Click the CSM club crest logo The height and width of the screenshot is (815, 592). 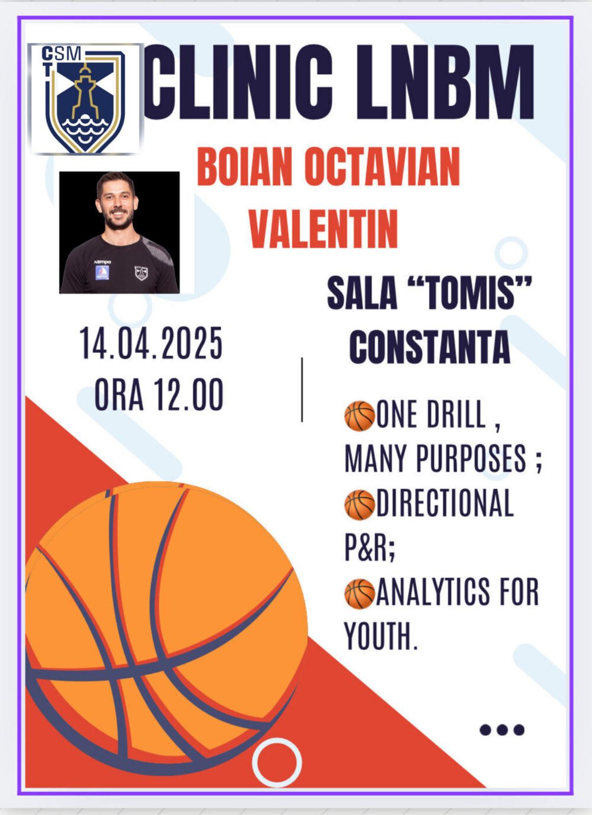pos(86,99)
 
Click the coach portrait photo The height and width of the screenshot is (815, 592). pos(119,232)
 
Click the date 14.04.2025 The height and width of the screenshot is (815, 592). pos(151,343)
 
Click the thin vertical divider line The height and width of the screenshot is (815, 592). pos(302,390)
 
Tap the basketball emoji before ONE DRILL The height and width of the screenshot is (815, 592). pos(359,416)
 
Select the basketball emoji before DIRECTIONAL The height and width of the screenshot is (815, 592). pos(359,505)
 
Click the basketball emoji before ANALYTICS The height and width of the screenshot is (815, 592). pos(359,594)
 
